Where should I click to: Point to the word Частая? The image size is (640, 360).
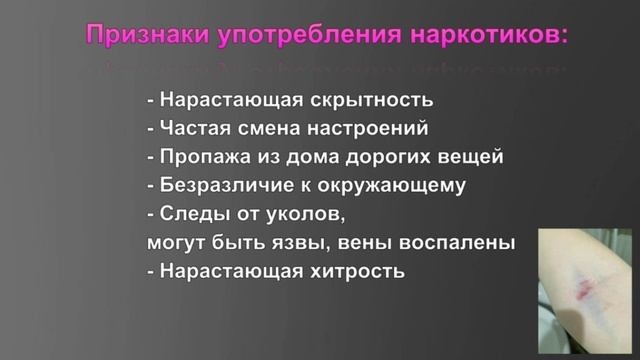point(192,128)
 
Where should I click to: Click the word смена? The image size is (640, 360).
point(268,128)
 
